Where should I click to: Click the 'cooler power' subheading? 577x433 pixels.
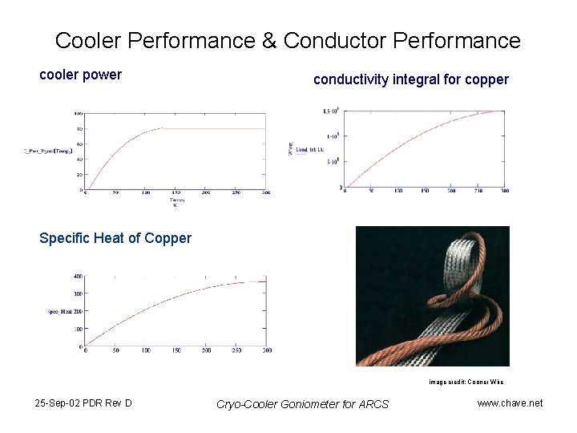click(81, 75)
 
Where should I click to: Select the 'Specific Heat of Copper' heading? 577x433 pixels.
click(115, 237)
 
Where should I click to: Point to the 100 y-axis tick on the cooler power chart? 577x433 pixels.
click(79, 113)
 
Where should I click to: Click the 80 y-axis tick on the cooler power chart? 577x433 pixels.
click(79, 128)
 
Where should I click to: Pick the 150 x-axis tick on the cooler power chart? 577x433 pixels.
click(176, 193)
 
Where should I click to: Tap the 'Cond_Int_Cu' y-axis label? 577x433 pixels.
click(310, 149)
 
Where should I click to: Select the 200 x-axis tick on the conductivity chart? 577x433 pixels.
click(451, 190)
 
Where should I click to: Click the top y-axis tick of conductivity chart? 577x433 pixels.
click(329, 111)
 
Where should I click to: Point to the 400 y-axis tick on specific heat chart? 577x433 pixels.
click(78, 276)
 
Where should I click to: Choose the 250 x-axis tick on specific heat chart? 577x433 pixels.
click(236, 350)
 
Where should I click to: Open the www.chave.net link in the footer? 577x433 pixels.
click(510, 403)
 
